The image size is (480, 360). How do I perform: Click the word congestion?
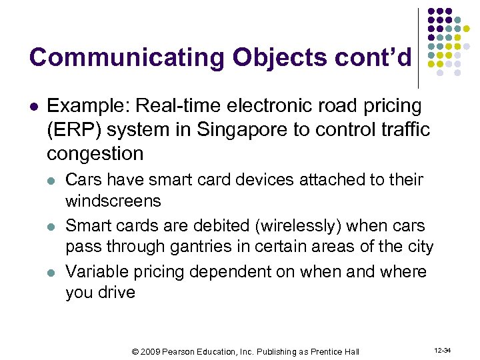click(95, 154)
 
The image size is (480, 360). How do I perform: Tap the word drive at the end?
click(117, 293)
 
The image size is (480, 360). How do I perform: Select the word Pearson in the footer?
click(186, 351)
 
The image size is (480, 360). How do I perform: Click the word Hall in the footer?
click(352, 351)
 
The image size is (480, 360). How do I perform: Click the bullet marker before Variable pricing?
click(52, 273)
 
